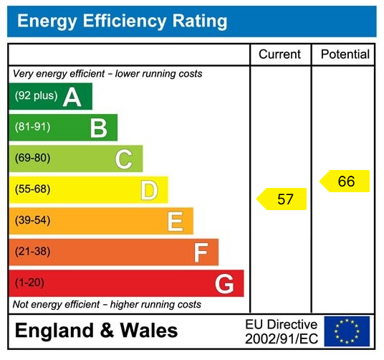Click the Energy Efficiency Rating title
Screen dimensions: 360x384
click(x=122, y=21)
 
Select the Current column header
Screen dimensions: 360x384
click(x=279, y=55)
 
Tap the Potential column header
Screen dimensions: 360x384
click(x=345, y=55)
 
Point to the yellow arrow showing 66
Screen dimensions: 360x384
click(x=345, y=181)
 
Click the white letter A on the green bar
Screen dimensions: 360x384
click(x=72, y=97)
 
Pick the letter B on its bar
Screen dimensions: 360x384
click(x=98, y=128)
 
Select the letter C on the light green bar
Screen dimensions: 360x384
click(x=123, y=159)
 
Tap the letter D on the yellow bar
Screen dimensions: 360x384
click(x=148, y=191)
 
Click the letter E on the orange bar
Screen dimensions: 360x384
click(x=174, y=222)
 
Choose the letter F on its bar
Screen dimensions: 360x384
click(x=201, y=252)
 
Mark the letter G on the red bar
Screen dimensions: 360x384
click(x=224, y=284)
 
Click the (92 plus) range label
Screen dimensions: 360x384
click(x=36, y=96)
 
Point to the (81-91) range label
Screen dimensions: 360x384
click(x=33, y=127)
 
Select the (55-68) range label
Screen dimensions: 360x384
click(x=33, y=189)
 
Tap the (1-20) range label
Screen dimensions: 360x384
click(x=30, y=283)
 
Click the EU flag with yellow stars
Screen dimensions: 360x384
click(x=347, y=331)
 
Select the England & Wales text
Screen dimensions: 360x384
click(x=97, y=331)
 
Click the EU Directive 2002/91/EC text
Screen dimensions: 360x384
click(x=281, y=331)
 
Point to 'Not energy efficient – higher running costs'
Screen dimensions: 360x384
click(x=107, y=305)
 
